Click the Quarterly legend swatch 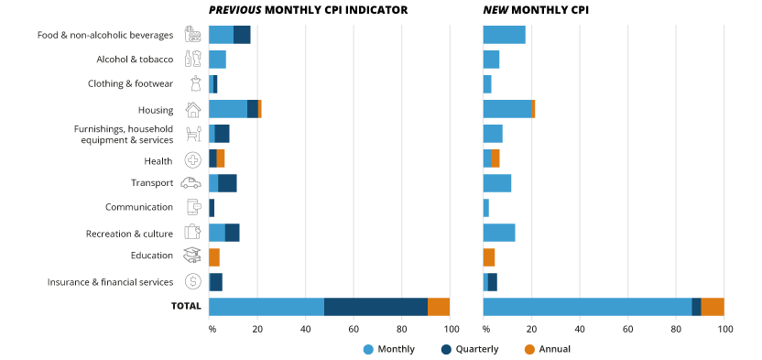446,349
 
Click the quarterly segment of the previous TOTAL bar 376,307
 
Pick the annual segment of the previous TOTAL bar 439,307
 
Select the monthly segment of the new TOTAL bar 587,307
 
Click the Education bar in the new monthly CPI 489,256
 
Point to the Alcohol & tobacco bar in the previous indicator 217,60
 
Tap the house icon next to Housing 192,109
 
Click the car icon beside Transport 191,183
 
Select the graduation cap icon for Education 192,256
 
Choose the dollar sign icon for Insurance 192,281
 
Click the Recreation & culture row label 129,234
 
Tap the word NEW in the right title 498,10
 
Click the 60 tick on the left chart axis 354,329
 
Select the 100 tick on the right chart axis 724,329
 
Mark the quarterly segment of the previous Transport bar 227,183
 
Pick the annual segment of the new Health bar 495,158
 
